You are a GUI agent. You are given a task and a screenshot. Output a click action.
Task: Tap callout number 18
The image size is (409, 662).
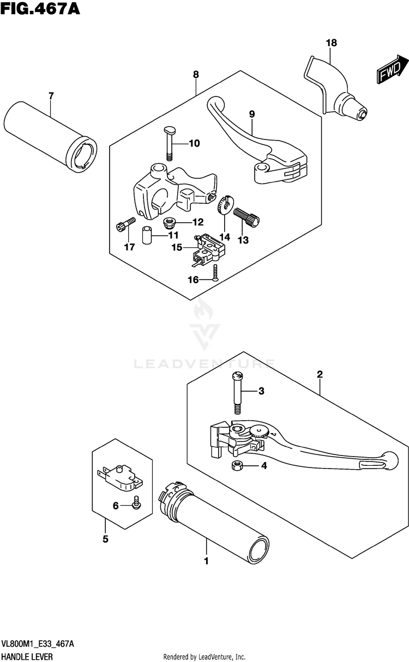pyautogui.click(x=332, y=43)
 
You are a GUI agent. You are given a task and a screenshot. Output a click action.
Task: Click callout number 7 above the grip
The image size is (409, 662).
pyautogui.click(x=51, y=96)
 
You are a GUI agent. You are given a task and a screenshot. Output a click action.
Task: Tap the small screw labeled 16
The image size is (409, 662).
pyautogui.click(x=215, y=271)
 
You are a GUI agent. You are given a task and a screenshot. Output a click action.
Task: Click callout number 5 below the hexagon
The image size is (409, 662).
pyautogui.click(x=105, y=539)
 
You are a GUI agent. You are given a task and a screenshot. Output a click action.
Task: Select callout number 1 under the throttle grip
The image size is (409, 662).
pyautogui.click(x=206, y=560)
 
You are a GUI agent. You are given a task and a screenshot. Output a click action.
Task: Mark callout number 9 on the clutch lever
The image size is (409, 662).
pyautogui.click(x=252, y=114)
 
